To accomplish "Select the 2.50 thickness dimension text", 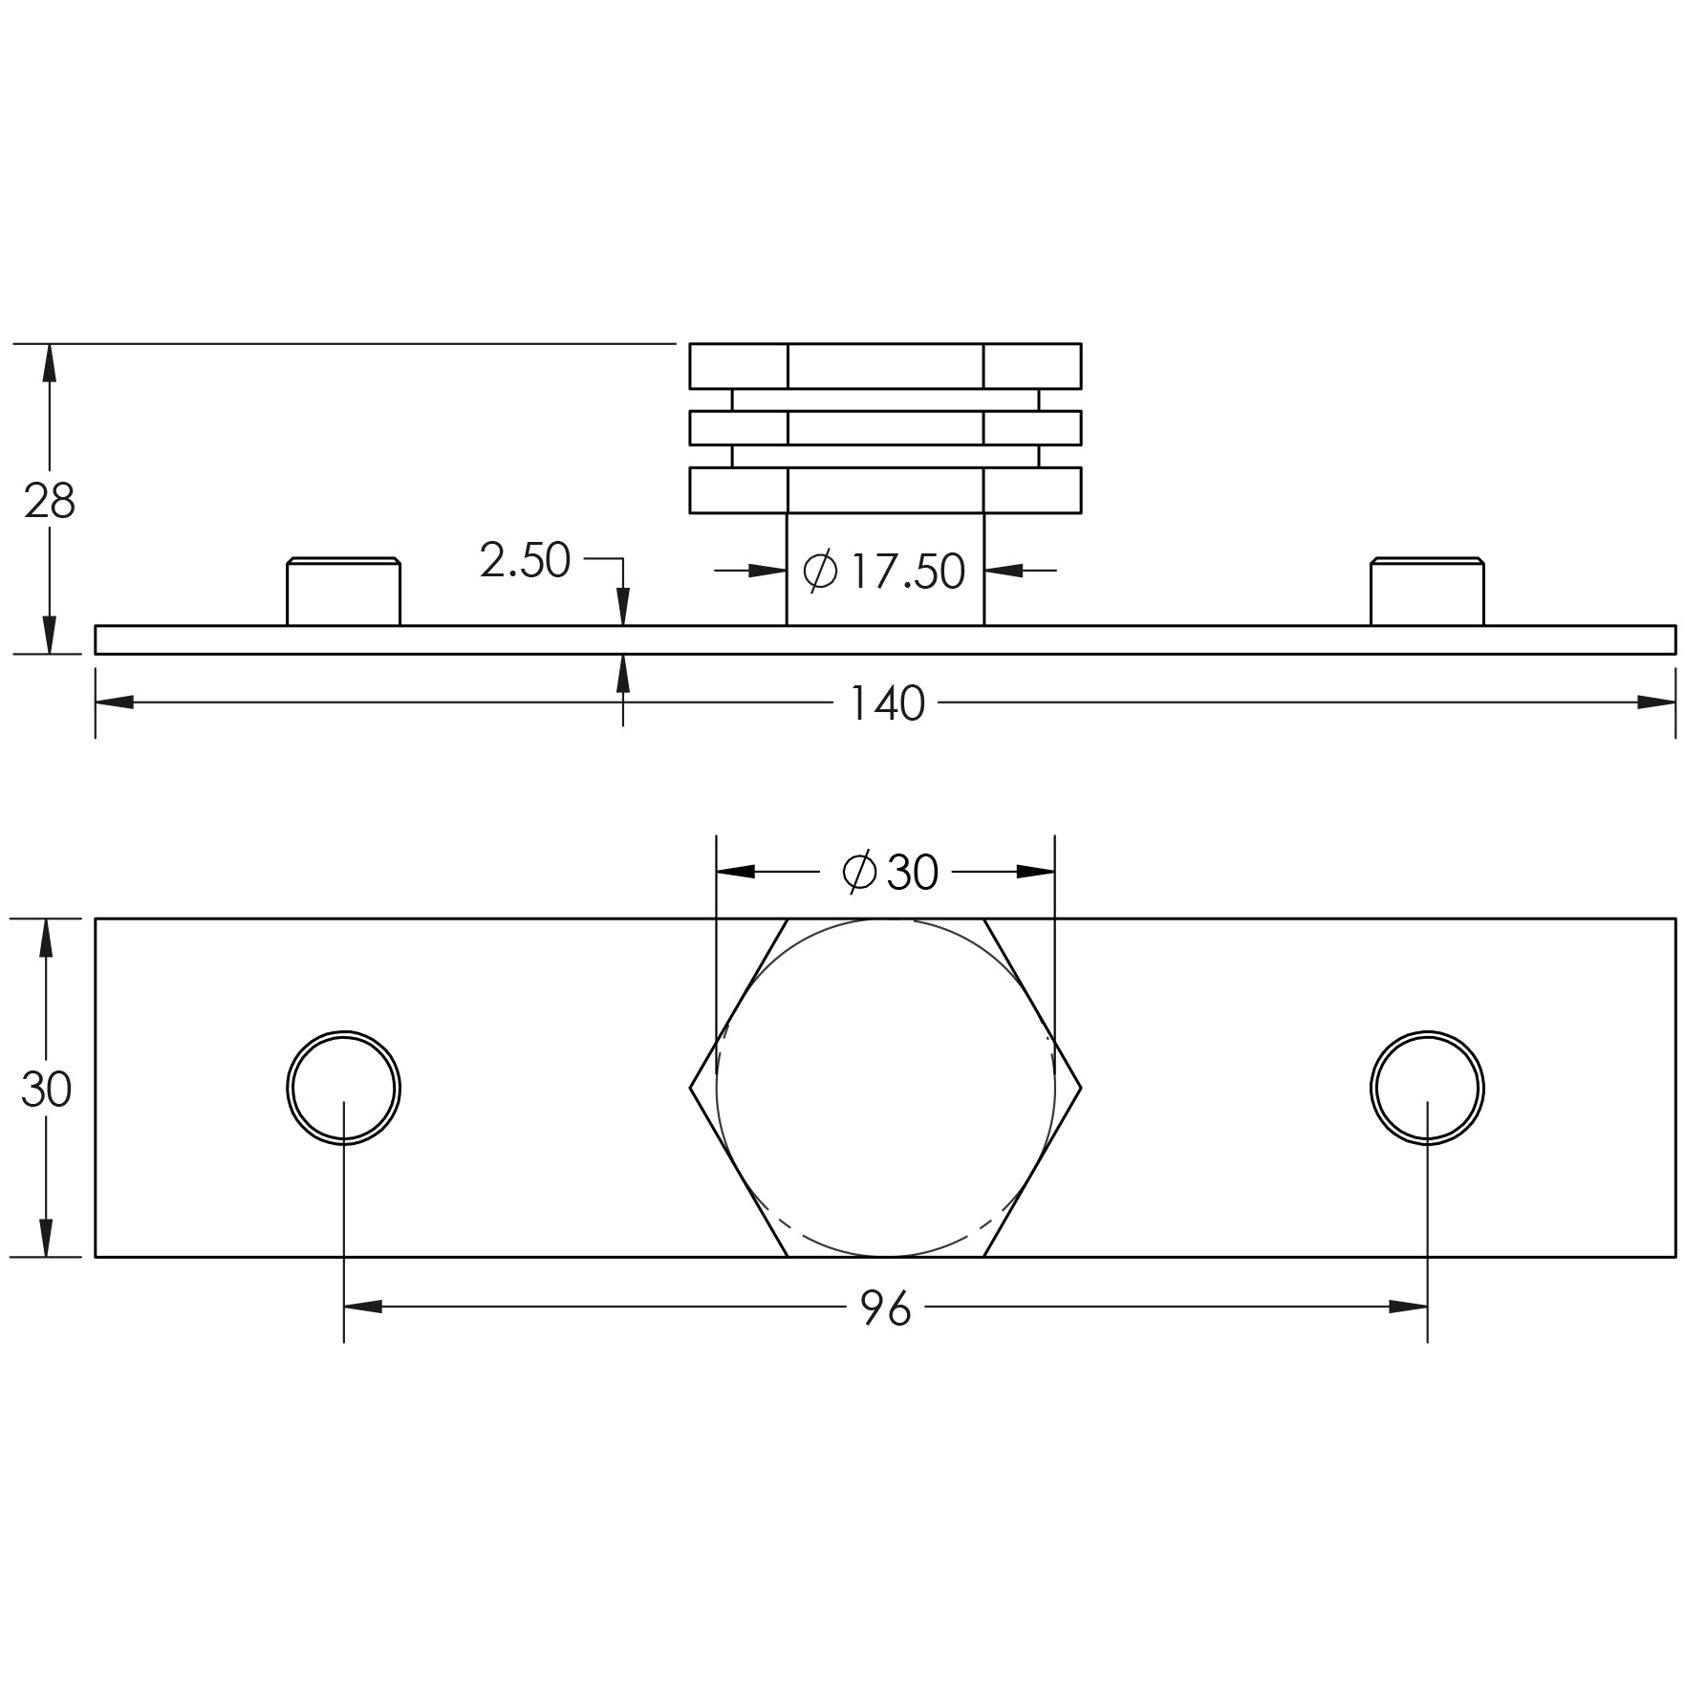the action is pyautogui.click(x=525, y=560).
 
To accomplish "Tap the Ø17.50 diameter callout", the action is pyautogui.click(x=884, y=571).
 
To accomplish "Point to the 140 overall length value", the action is pyautogui.click(x=887, y=703).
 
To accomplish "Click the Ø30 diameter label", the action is pyautogui.click(x=890, y=872).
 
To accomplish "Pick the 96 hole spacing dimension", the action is pyautogui.click(x=886, y=1308).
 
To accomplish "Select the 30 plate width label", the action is pyautogui.click(x=46, y=1089).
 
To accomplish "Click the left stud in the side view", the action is pyautogui.click(x=343, y=592).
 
